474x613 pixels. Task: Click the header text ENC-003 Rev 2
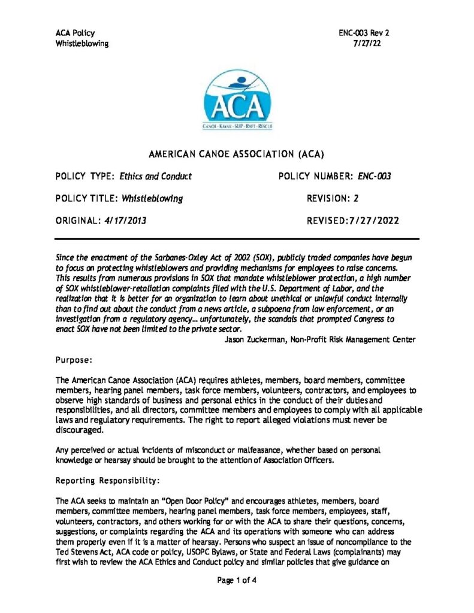pos(364,34)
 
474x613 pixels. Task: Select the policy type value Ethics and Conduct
pos(155,177)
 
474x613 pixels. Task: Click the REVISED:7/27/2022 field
pos(353,221)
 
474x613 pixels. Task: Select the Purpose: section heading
pos(74,360)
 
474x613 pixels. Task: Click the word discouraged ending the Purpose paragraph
pos(80,430)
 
